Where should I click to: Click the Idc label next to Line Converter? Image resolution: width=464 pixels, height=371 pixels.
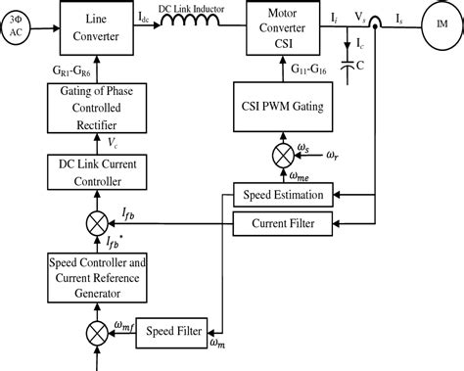(145, 18)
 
